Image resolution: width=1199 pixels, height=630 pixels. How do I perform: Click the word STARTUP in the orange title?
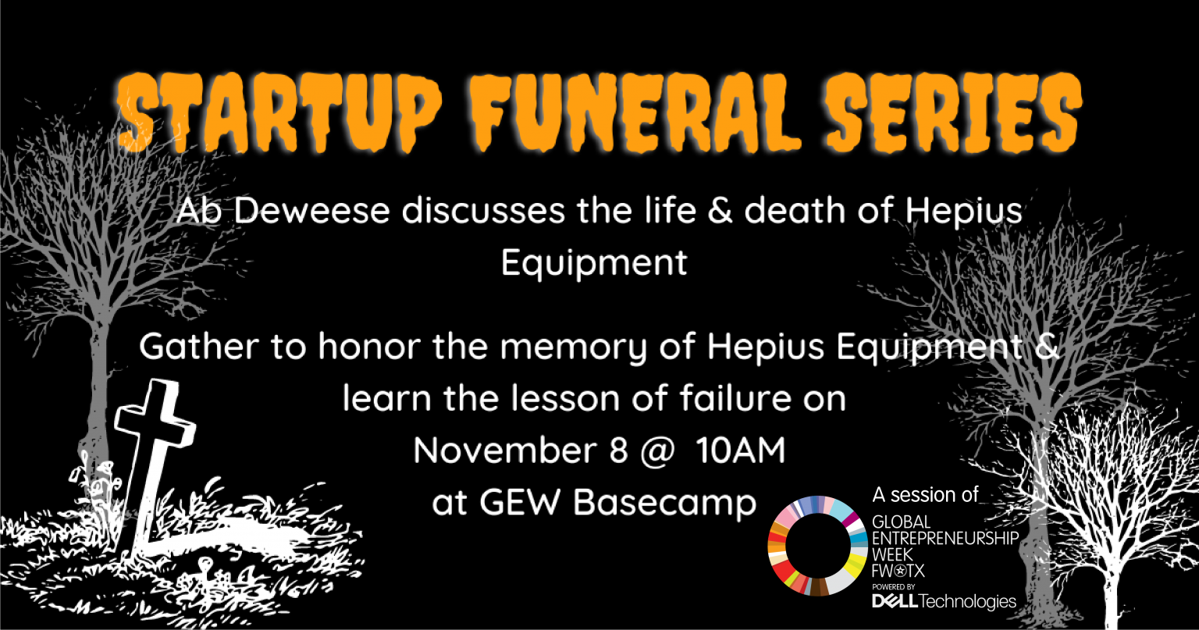tap(279, 112)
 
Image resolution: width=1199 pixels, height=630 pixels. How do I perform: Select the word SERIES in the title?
tap(954, 112)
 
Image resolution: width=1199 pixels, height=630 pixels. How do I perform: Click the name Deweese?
tap(311, 210)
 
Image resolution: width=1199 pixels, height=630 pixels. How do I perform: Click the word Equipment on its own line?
tap(594, 263)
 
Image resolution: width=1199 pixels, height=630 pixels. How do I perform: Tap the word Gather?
tap(199, 346)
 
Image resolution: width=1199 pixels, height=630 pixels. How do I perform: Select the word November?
tap(505, 450)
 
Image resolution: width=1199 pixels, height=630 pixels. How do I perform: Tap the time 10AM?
tap(741, 450)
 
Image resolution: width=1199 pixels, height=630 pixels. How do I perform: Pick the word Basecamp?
tap(665, 504)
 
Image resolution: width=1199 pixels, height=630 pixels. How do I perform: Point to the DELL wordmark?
tap(895, 602)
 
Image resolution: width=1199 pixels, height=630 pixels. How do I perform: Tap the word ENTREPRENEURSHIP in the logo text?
tap(945, 538)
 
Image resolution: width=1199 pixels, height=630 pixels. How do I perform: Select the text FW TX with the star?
tap(898, 571)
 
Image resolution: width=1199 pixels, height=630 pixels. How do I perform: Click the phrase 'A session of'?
tap(926, 495)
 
